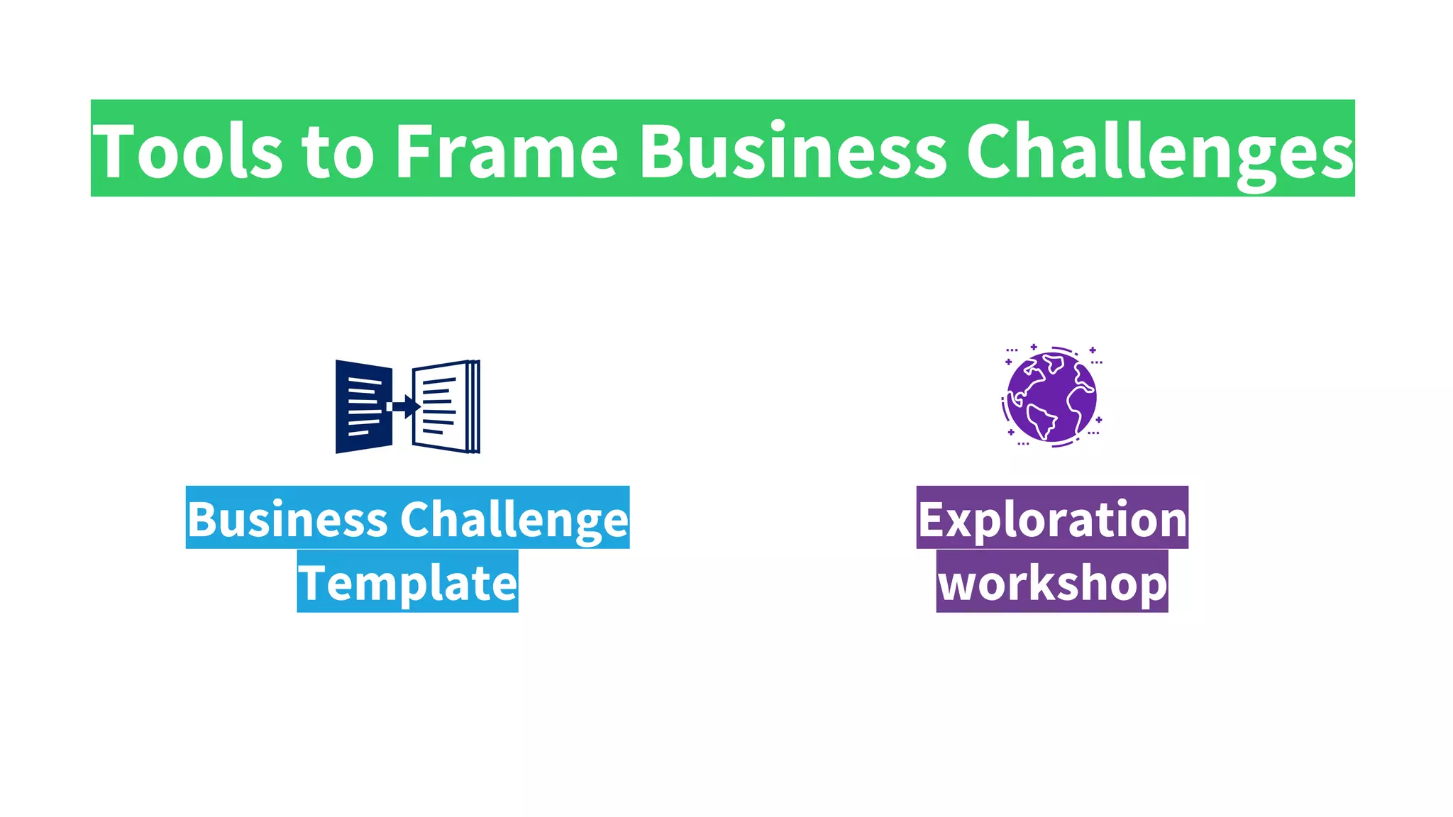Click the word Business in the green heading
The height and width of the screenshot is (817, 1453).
(x=793, y=151)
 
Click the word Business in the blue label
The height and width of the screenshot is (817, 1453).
(x=287, y=519)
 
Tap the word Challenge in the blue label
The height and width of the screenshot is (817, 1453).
(x=514, y=521)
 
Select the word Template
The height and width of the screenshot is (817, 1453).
(x=407, y=583)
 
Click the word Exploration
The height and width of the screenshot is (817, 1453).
(x=1052, y=519)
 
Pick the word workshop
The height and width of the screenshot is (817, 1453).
(x=1052, y=583)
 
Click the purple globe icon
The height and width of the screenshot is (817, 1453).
(x=1051, y=396)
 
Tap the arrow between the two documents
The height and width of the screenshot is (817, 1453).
(x=404, y=406)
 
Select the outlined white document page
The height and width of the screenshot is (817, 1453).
(x=441, y=406)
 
